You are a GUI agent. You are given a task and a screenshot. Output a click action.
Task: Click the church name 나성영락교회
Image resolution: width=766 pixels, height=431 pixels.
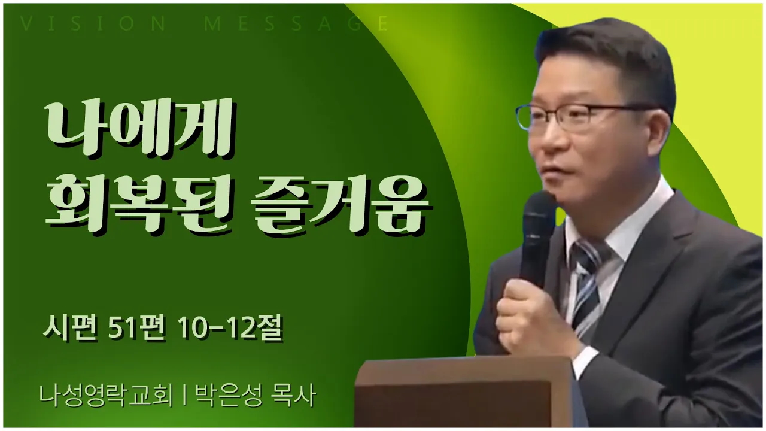tap(107, 396)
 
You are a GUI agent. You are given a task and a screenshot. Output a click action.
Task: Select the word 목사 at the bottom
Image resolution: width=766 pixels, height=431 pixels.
tap(293, 396)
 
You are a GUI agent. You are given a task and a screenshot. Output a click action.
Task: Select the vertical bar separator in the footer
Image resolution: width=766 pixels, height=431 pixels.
tap(184, 396)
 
